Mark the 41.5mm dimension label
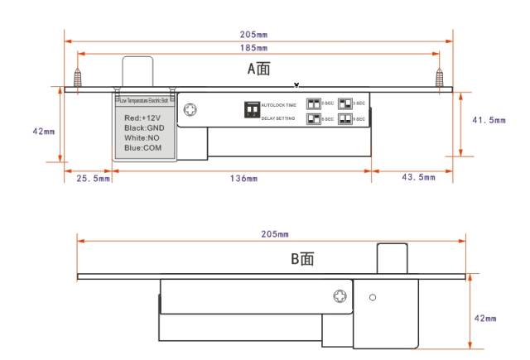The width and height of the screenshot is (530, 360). [489, 120]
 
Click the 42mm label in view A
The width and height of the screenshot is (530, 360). [42, 131]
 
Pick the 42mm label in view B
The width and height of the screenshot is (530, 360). [484, 318]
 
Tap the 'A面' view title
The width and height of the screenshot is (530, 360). [259, 70]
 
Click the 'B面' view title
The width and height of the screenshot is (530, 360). [302, 259]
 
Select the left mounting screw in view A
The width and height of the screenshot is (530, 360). [79, 78]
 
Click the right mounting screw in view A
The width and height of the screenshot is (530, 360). [440, 78]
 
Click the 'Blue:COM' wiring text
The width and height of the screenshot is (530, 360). [143, 148]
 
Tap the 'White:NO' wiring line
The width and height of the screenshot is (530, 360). [143, 138]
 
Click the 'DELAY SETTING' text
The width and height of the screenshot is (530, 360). [278, 118]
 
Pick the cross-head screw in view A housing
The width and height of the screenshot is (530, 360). [191, 110]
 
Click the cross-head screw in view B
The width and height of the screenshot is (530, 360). [340, 297]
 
